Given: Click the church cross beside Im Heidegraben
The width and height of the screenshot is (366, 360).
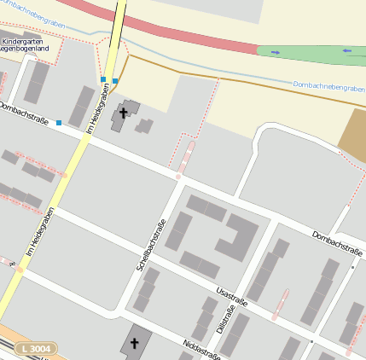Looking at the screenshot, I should point(122,111).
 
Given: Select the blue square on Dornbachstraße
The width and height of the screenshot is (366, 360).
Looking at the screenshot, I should point(59,124).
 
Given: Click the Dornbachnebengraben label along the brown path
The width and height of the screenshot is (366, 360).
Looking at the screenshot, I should point(328,86).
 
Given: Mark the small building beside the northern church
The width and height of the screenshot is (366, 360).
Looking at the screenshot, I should point(144,126).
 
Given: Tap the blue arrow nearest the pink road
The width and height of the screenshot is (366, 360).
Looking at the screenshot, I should point(275,52).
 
